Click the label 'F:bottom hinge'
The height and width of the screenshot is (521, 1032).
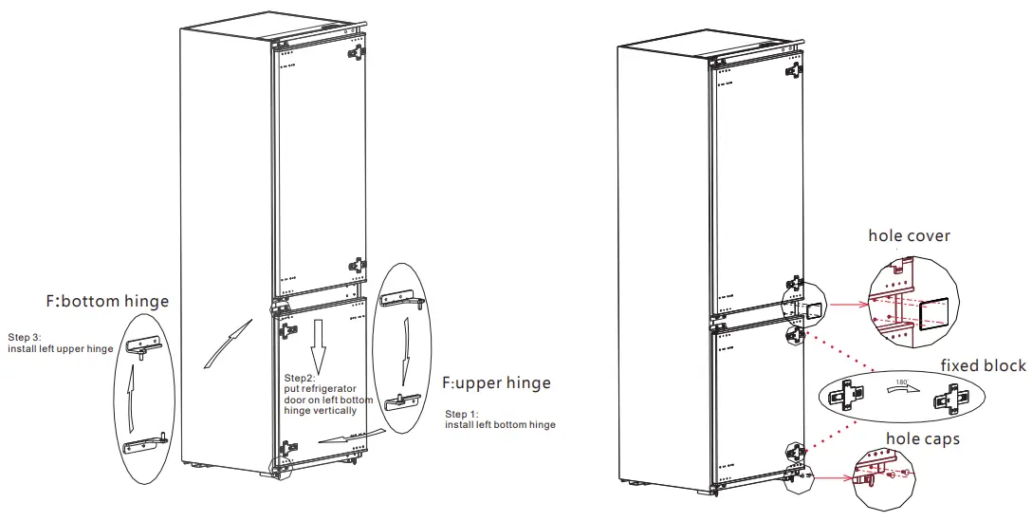[106, 302]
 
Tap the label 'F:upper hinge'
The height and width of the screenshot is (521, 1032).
[496, 383]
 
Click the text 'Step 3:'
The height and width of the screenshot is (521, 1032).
[26, 337]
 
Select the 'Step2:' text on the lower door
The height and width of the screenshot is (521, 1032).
[302, 379]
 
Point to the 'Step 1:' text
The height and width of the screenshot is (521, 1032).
[464, 414]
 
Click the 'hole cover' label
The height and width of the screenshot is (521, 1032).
[909, 235]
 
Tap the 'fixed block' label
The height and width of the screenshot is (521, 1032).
[983, 365]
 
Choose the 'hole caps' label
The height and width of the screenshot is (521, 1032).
[923, 438]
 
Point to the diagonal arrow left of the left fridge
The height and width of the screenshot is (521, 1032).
[226, 343]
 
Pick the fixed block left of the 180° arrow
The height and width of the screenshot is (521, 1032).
[848, 392]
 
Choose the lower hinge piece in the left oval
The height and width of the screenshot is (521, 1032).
[147, 442]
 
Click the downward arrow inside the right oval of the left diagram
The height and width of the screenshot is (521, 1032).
[406, 348]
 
